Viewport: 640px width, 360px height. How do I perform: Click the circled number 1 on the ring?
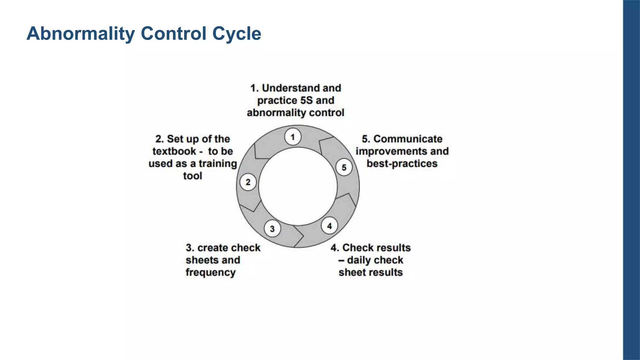click(x=293, y=137)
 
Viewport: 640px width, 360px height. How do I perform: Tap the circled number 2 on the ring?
click(x=248, y=182)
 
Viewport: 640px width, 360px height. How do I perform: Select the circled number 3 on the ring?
click(x=272, y=229)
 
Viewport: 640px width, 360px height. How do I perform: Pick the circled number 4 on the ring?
click(x=329, y=226)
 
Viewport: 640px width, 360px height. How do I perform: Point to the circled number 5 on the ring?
click(x=344, y=167)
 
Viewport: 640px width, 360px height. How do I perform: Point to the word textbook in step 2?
click(x=174, y=151)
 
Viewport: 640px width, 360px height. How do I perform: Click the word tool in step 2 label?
click(x=192, y=176)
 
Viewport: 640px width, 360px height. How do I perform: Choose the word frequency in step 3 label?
click(x=211, y=272)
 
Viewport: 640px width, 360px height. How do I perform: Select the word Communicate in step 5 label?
click(x=408, y=139)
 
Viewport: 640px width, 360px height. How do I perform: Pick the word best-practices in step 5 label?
click(x=402, y=163)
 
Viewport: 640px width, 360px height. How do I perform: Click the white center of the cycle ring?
click(x=298, y=187)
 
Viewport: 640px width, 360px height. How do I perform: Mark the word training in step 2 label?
click(x=218, y=164)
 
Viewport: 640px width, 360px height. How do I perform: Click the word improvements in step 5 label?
click(x=391, y=151)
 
